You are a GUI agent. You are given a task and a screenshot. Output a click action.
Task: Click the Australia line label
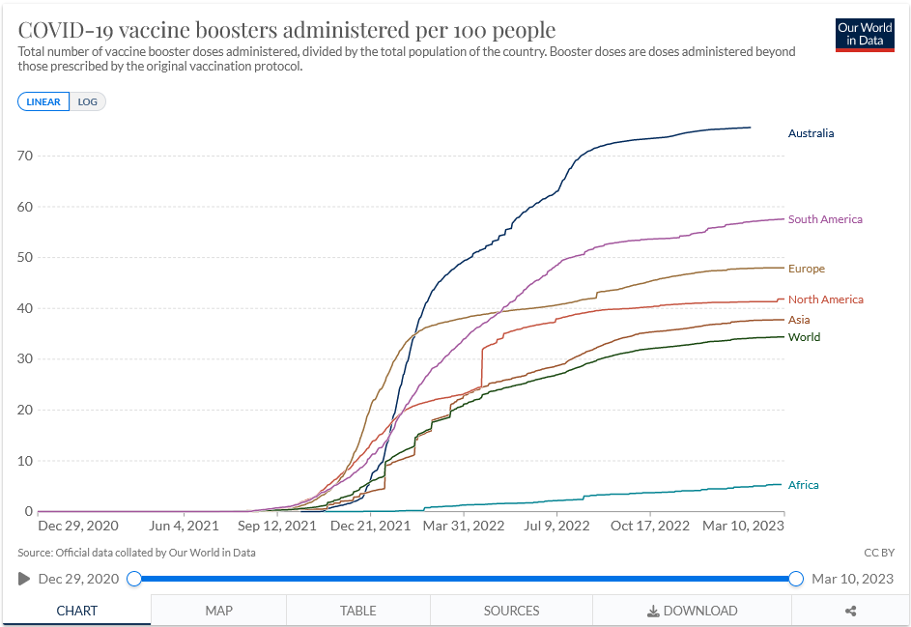pyautogui.click(x=811, y=133)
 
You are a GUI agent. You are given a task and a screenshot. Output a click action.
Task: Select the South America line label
pyautogui.click(x=825, y=219)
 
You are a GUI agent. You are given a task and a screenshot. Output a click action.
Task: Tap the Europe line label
pyautogui.click(x=807, y=269)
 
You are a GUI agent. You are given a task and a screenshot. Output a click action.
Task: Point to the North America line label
pyautogui.click(x=825, y=299)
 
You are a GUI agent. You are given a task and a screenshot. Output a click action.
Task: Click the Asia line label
pyautogui.click(x=799, y=320)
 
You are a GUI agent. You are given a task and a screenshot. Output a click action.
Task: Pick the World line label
pyautogui.click(x=804, y=337)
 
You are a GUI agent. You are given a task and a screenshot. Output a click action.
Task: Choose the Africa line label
pyautogui.click(x=803, y=485)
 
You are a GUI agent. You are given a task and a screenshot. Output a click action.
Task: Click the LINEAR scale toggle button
pyautogui.click(x=43, y=101)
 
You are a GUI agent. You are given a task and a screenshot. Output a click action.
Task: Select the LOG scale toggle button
pyautogui.click(x=88, y=101)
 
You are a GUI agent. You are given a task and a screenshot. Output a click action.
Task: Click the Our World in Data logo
pyautogui.click(x=865, y=35)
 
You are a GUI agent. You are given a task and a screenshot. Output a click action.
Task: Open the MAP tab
pyautogui.click(x=219, y=611)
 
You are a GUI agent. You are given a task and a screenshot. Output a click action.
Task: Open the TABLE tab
pyautogui.click(x=358, y=611)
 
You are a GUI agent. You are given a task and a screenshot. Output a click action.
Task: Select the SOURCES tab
pyautogui.click(x=511, y=611)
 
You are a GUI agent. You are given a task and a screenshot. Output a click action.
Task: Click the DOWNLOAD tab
pyautogui.click(x=692, y=611)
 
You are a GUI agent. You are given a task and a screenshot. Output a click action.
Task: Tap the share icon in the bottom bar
pyautogui.click(x=851, y=611)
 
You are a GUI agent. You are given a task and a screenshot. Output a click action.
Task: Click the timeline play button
pyautogui.click(x=24, y=579)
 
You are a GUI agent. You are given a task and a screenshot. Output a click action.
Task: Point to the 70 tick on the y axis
pyautogui.click(x=25, y=156)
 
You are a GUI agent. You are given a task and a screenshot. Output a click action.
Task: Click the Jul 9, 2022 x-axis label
pyautogui.click(x=556, y=526)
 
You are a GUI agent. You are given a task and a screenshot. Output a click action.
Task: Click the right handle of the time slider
pyautogui.click(x=796, y=579)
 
